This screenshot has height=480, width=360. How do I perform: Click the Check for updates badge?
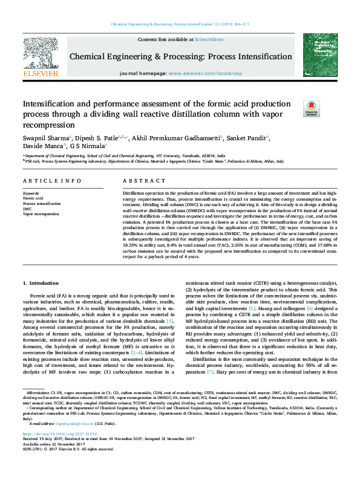point(310,108)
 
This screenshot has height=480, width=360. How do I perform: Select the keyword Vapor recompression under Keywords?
point(41,213)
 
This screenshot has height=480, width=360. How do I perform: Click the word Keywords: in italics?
point(31,193)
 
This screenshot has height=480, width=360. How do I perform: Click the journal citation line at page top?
point(180,24)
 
